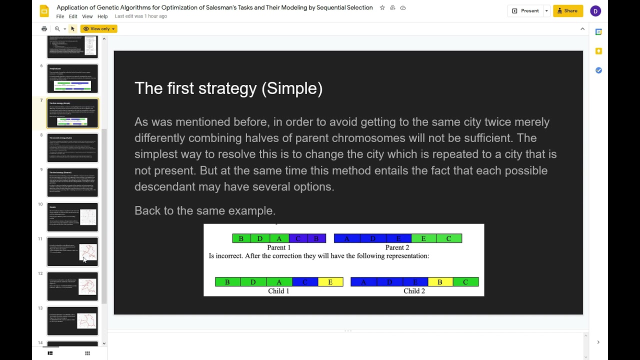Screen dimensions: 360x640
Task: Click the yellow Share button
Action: [x=568, y=11]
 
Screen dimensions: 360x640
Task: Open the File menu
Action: [x=60, y=16]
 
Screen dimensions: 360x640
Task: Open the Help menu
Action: [x=102, y=16]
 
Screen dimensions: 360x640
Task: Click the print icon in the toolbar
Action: [x=44, y=29]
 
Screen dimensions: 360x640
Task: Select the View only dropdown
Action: [x=99, y=29]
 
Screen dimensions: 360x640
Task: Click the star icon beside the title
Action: [x=382, y=8]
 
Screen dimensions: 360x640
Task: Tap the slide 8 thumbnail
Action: [x=72, y=147]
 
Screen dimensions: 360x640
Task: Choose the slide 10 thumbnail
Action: [x=72, y=217]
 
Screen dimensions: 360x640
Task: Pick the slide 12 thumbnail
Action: [x=72, y=286]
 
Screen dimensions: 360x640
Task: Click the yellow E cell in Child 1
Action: [x=330, y=282]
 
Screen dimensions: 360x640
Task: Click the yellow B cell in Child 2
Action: [x=439, y=282]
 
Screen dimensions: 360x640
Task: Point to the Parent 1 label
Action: [x=278, y=247]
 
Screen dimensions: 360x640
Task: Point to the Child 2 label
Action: [x=414, y=291]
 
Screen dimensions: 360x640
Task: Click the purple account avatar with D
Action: [x=595, y=11]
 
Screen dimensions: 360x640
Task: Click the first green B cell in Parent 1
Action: [x=241, y=238]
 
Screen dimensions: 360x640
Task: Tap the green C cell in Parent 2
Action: [x=448, y=238]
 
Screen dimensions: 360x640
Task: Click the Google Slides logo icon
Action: [x=44, y=11]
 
